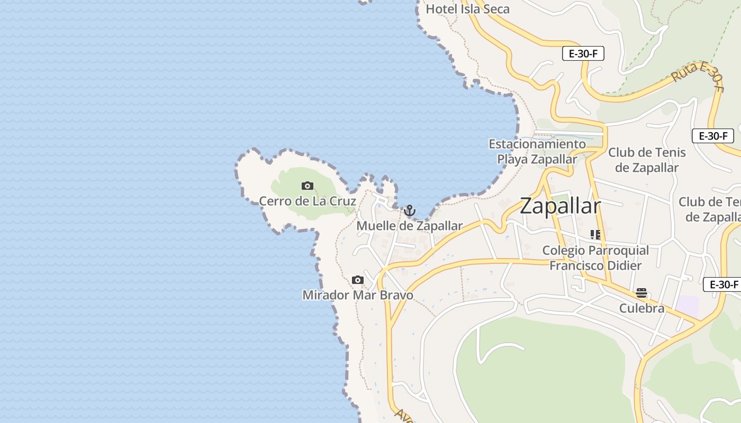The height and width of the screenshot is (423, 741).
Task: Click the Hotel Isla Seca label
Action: [467, 9]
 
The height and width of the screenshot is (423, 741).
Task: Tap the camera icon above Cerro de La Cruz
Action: [307, 186]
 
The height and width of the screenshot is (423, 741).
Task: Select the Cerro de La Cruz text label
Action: [307, 201]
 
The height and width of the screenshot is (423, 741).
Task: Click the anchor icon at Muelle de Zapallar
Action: [409, 211]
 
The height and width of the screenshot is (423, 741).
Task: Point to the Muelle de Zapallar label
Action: [409, 226]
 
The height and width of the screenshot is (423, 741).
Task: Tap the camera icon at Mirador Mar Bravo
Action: [358, 280]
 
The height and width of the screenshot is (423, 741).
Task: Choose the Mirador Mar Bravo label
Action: [358, 295]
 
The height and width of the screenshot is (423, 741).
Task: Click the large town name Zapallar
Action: [560, 206]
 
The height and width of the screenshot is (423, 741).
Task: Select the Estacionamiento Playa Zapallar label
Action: [537, 151]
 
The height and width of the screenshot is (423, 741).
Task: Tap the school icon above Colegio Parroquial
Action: [595, 234]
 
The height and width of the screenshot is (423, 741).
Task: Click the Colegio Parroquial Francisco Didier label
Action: [595, 258]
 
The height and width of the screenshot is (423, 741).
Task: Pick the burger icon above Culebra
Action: [641, 293]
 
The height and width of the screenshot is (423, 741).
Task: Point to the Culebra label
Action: [641, 308]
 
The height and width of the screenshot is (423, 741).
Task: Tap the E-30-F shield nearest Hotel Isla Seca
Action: [583, 53]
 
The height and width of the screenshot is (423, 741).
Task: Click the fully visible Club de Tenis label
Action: [647, 160]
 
